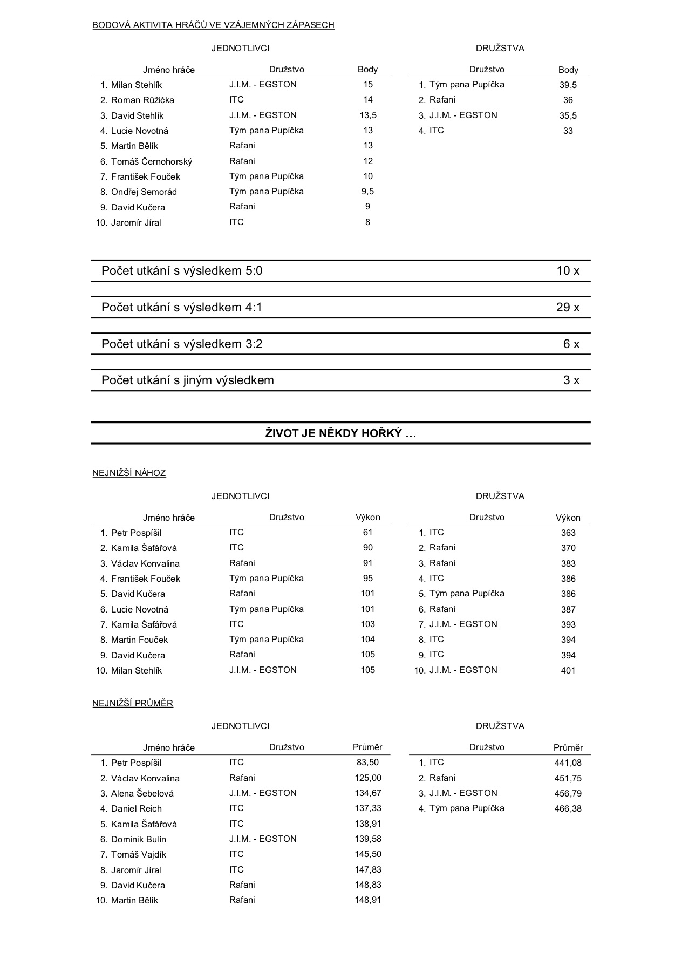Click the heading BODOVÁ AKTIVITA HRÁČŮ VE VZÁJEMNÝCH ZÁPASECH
(x=213, y=25)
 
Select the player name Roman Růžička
(x=142, y=100)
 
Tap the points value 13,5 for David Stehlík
(x=368, y=115)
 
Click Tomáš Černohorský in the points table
(x=151, y=162)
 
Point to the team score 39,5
(x=568, y=85)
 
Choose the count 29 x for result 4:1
(x=568, y=308)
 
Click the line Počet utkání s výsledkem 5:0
(x=182, y=271)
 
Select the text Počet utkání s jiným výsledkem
(x=188, y=380)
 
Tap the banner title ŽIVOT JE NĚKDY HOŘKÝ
(x=340, y=433)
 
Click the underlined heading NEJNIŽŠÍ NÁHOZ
(x=129, y=473)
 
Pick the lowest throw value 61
(x=368, y=533)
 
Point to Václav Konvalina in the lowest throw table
(x=145, y=564)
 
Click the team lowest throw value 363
(x=568, y=533)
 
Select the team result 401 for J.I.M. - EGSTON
(x=568, y=671)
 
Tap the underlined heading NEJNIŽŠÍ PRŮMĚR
(x=133, y=704)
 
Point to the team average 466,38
(x=568, y=809)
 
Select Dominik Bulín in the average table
(x=139, y=840)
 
